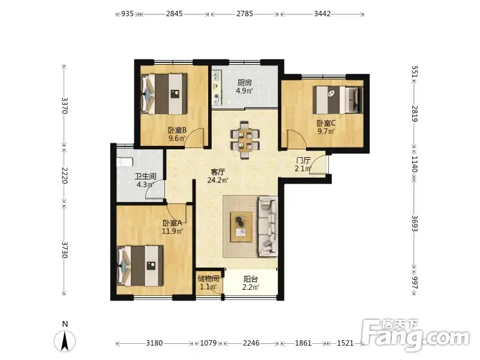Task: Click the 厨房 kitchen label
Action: (245, 83)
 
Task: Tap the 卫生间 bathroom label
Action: (146, 176)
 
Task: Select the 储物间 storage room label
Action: (208, 278)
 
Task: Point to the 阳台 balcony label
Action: (250, 279)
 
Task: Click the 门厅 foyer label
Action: (303, 160)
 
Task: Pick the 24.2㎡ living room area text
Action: (218, 181)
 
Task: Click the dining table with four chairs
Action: (245, 140)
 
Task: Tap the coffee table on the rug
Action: (241, 227)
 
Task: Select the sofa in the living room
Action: (268, 227)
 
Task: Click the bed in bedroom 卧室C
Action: (338, 100)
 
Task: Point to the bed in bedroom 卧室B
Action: (164, 94)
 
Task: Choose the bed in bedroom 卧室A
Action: (140, 266)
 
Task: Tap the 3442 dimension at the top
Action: (322, 14)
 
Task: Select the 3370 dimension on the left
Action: (64, 106)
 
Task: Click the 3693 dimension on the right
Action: (415, 223)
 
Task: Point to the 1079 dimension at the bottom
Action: (208, 343)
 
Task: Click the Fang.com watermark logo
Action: (415, 335)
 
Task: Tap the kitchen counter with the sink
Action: (217, 88)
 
